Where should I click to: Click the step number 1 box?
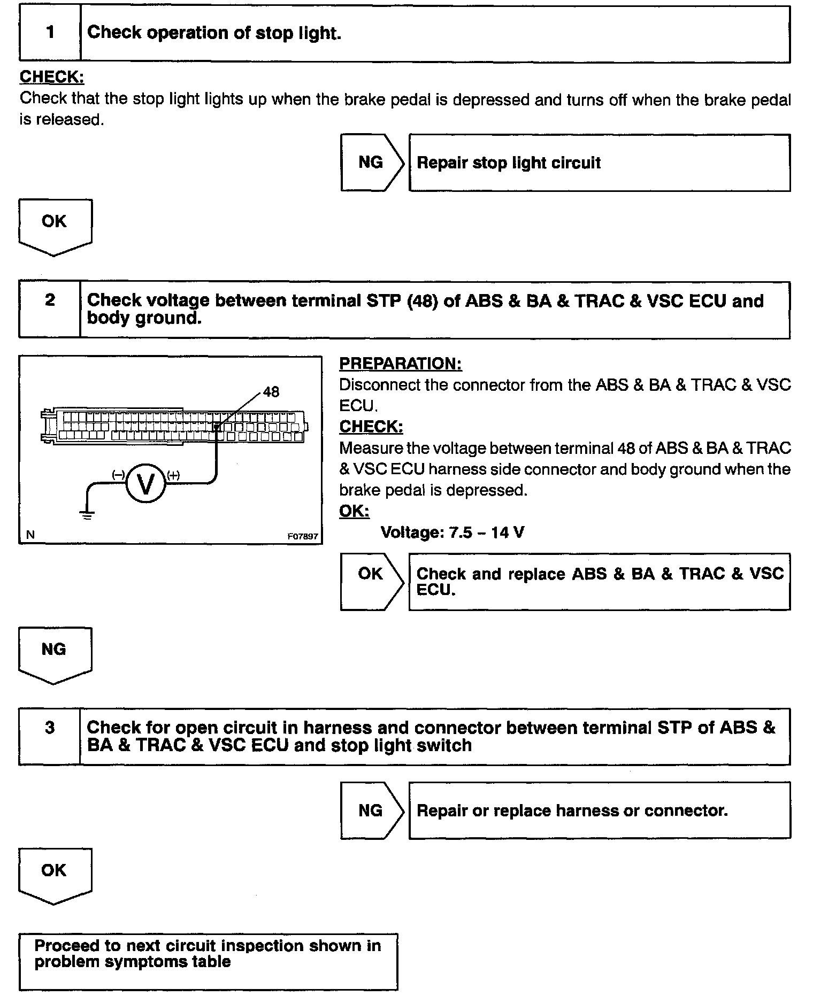50,33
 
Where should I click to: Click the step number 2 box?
50,310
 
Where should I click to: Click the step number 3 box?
50,737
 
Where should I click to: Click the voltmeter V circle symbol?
145,483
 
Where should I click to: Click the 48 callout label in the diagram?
271,392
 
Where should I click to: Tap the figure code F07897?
302,536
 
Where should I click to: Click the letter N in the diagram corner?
30,535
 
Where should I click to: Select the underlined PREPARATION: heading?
400,364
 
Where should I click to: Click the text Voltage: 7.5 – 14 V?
452,532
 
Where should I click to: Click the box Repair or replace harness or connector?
599,810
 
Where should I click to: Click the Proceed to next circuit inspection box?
208,961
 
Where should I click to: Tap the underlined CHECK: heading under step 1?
52,77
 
